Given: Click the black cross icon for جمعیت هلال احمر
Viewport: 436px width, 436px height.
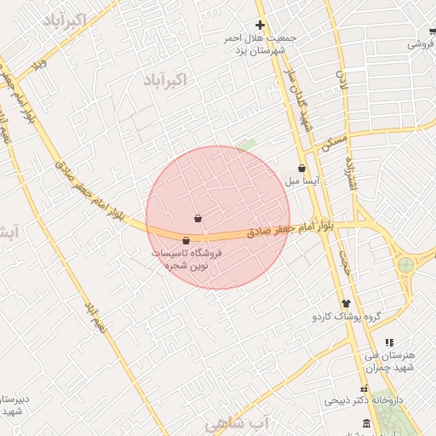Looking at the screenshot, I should [261, 25].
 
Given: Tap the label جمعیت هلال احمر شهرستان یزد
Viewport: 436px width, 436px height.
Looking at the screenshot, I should [259, 45].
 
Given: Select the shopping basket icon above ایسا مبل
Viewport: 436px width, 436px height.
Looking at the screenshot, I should [302, 168].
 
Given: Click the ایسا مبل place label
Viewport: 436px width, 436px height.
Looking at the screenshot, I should [302, 181].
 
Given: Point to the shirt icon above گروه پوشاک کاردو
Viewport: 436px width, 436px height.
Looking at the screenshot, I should [346, 303].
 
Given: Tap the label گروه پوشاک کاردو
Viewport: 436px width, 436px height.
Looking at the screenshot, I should [345, 317].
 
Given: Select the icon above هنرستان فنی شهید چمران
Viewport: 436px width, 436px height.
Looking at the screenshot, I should [389, 342].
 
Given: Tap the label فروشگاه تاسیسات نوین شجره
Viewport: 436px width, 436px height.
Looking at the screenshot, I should [186, 260].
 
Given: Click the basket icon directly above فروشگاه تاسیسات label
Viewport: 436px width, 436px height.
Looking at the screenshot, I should [186, 241].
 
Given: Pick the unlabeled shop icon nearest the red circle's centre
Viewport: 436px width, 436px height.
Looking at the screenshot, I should [198, 219].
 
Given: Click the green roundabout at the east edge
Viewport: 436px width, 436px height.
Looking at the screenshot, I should [405, 264].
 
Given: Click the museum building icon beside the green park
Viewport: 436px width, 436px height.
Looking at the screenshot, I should [367, 423].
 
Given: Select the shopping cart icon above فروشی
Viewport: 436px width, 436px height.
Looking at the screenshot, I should [433, 32].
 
